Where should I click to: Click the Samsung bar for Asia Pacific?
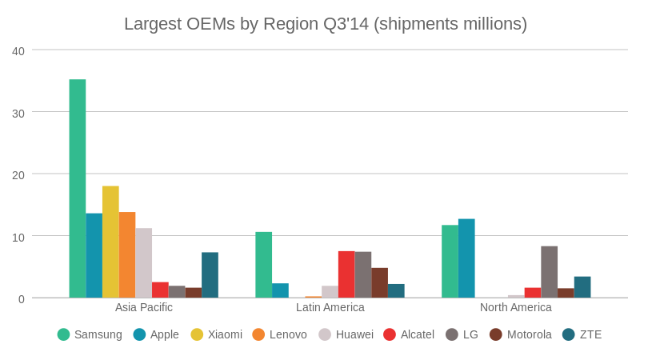point(78,189)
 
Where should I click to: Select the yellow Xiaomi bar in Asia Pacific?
point(110,242)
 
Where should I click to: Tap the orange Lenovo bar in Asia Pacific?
point(127,254)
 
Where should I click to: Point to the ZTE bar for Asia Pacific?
point(210,275)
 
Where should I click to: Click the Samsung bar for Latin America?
point(263,265)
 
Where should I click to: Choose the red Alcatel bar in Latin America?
point(346,274)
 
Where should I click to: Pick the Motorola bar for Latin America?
point(379,282)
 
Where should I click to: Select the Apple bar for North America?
point(466,258)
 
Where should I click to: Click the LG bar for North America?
point(549,272)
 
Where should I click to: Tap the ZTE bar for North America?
point(582,287)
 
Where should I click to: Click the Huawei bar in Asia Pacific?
point(143,262)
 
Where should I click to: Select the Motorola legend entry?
point(520,334)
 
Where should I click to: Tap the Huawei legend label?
point(354,334)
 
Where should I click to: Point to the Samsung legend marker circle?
point(64,334)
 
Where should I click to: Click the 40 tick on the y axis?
point(18,51)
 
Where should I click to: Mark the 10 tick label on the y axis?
point(18,237)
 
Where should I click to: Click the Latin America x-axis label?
point(330,307)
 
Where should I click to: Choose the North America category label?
point(515,307)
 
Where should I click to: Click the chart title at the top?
point(325,24)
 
